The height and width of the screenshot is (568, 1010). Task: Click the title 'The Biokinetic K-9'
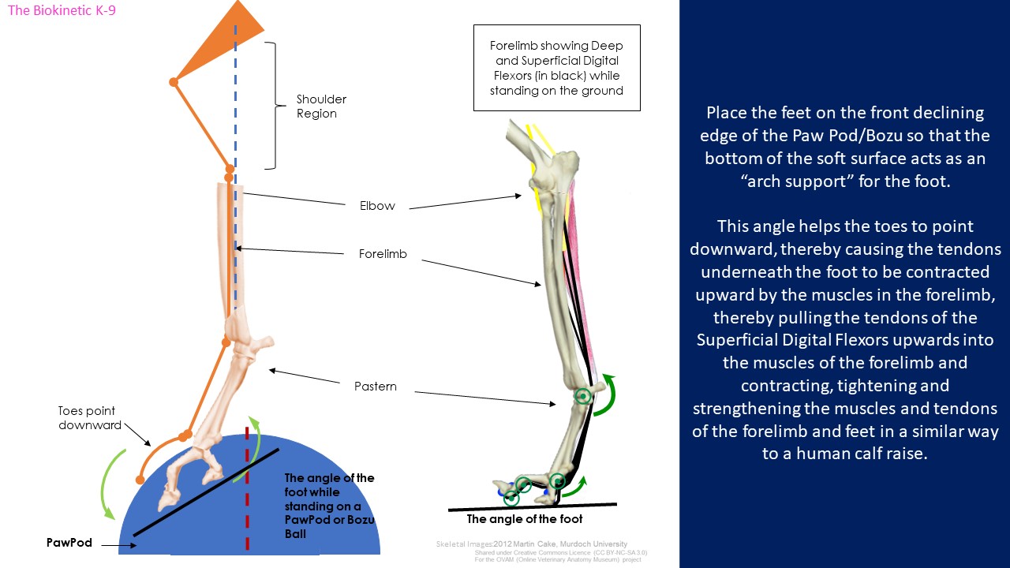point(62,10)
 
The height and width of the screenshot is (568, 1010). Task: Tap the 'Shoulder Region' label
point(321,106)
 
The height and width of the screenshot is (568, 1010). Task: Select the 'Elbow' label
point(377,206)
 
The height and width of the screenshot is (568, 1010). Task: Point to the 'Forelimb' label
point(383,254)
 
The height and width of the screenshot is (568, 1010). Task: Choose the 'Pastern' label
point(375,387)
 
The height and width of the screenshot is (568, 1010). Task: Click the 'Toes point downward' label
point(90,418)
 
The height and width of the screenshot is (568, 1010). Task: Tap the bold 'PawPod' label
point(69,542)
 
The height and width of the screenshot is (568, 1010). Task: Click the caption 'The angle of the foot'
point(525,519)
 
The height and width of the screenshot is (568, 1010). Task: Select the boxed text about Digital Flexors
point(557,68)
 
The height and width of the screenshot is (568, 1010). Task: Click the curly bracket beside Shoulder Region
point(275,106)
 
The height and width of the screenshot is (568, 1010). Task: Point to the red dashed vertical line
point(247,488)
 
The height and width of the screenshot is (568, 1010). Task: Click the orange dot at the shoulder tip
point(174,82)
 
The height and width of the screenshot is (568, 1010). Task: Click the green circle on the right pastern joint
point(583,397)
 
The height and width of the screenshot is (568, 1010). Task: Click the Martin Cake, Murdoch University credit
point(560,544)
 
